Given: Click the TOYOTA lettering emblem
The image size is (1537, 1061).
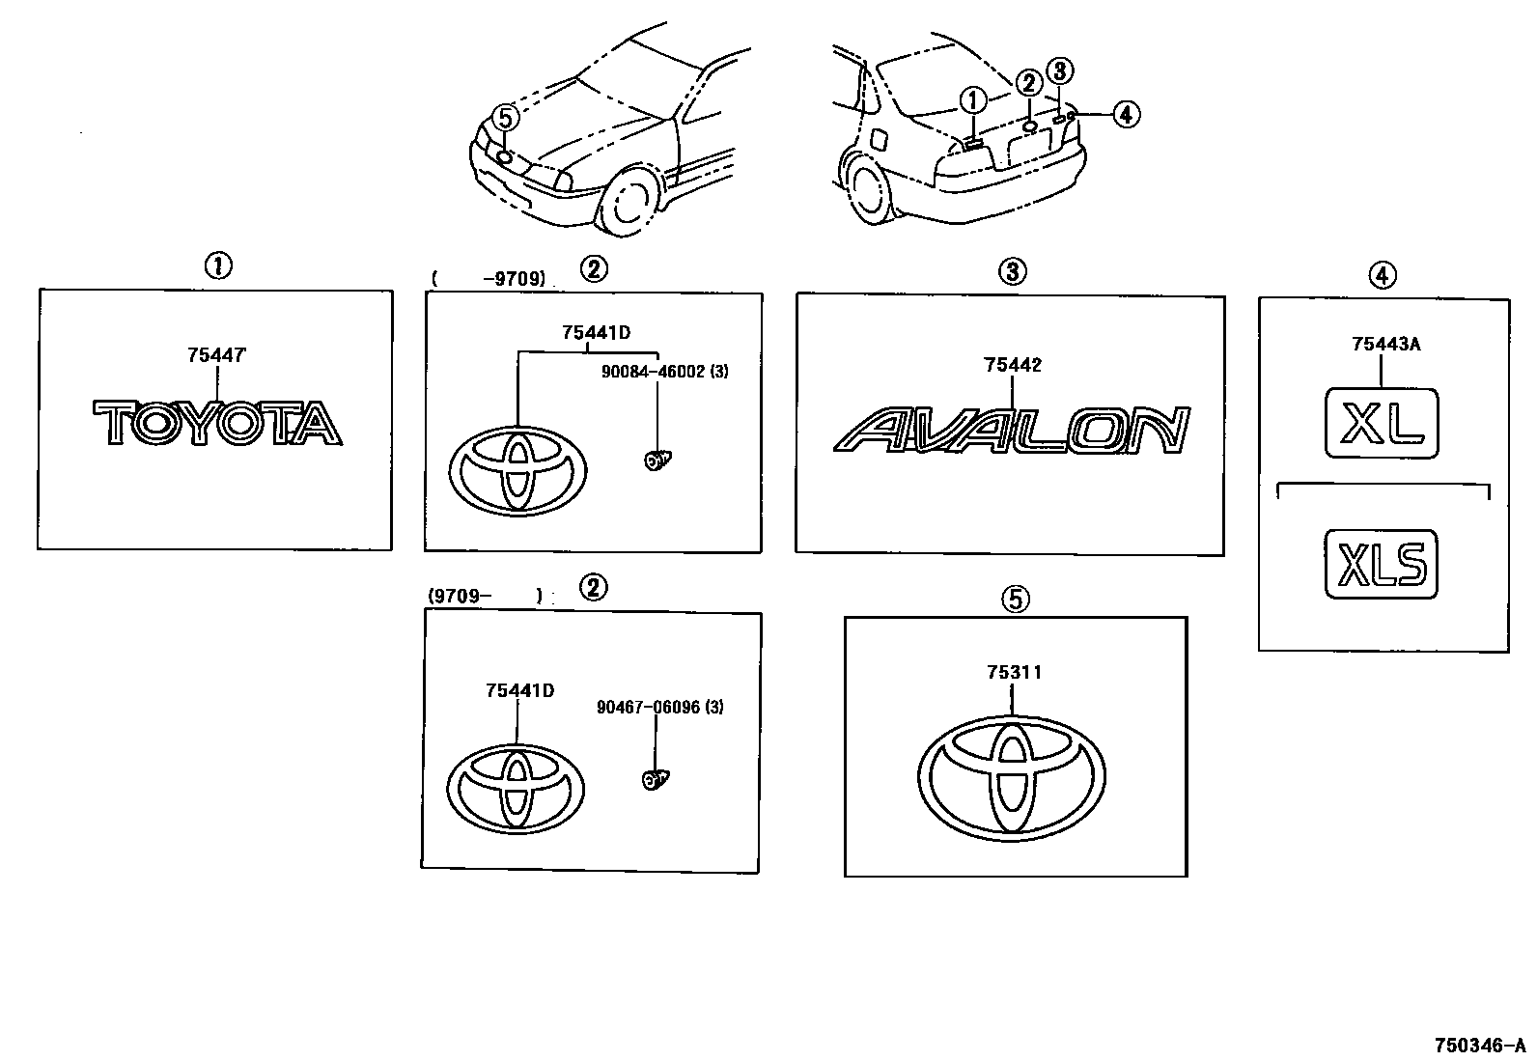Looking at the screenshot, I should [217, 423].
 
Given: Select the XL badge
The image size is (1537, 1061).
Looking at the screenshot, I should [1382, 423].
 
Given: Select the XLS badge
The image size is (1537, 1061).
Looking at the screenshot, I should [1382, 564].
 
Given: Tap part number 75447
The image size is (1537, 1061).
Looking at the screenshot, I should [216, 354].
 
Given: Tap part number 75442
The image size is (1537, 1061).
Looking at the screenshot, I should [1012, 365].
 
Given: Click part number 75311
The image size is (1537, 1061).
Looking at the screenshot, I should [1013, 672].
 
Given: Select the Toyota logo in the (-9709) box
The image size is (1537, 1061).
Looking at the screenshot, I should [518, 471].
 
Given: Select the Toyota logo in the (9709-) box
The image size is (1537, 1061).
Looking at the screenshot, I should [516, 786].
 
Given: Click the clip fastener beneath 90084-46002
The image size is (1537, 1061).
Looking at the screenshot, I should [657, 461].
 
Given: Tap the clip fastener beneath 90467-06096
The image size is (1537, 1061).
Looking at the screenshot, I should [656, 778].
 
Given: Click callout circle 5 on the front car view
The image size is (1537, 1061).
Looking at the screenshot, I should [505, 119].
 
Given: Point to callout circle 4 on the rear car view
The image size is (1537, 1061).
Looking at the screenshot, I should [1125, 114].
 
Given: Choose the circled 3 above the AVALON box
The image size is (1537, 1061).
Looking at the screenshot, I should [1011, 272].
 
